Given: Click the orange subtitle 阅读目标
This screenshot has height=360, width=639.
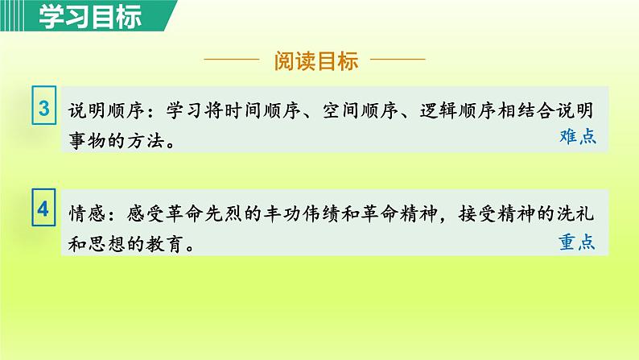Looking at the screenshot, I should coord(315,61).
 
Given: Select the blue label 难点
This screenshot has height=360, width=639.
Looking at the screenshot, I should coord(577,137).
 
